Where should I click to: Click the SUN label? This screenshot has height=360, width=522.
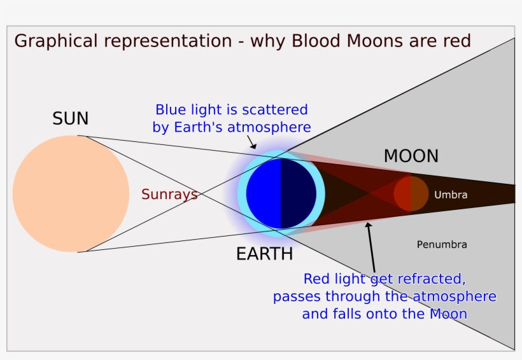pyautogui.click(x=71, y=119)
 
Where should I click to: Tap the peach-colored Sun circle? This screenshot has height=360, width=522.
pyautogui.click(x=71, y=193)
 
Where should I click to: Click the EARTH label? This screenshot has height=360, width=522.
pyautogui.click(x=264, y=254)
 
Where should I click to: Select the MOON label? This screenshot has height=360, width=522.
pyautogui.click(x=411, y=156)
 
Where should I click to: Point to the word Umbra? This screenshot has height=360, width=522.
pyautogui.click(x=450, y=195)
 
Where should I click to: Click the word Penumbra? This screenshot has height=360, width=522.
pyautogui.click(x=442, y=244)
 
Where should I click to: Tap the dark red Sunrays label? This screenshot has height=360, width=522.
pyautogui.click(x=169, y=195)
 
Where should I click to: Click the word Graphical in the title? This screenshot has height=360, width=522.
pyautogui.click(x=54, y=42)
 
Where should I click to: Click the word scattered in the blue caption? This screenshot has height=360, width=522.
pyautogui.click(x=276, y=109)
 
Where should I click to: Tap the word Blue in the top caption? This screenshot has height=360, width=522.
pyautogui.click(x=171, y=109)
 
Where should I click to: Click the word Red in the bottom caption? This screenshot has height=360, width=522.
pyautogui.click(x=316, y=279)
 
